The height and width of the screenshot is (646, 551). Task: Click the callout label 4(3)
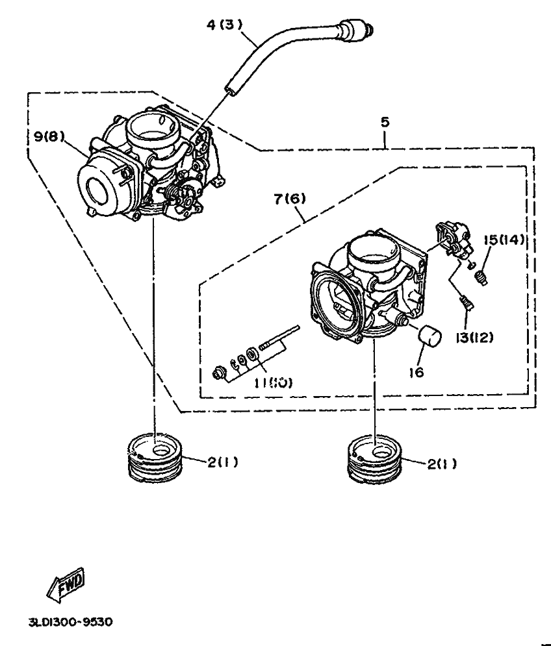click(224, 25)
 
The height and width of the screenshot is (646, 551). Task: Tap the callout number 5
click(385, 121)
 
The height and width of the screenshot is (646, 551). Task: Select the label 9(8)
click(49, 137)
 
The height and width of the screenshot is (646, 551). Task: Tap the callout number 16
click(415, 373)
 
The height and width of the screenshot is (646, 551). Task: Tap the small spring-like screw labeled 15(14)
click(481, 278)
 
